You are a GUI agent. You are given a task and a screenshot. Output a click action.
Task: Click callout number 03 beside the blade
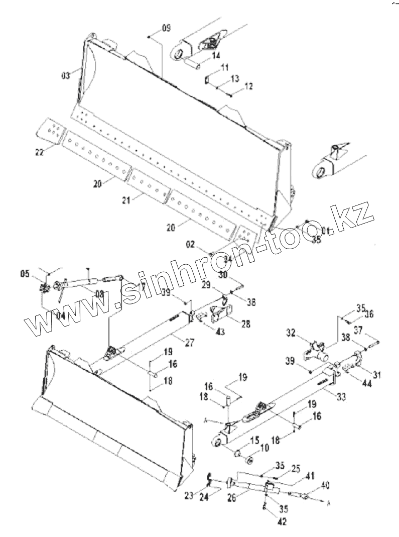tap(66, 75)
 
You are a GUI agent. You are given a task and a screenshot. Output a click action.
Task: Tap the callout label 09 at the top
tap(166, 28)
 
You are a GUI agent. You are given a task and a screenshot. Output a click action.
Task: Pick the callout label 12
tap(248, 87)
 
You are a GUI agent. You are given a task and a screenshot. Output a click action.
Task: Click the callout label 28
tap(246, 324)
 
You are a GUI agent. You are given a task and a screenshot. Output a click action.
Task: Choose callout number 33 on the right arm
tap(341, 397)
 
